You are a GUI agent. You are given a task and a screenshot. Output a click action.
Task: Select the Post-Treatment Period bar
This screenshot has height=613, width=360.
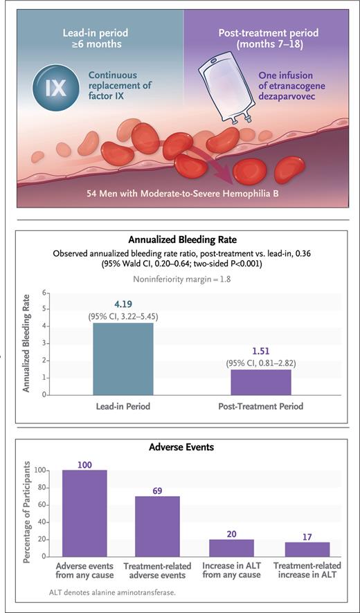(x=262, y=381)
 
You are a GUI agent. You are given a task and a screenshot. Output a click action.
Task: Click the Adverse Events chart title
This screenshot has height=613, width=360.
(x=181, y=447)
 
